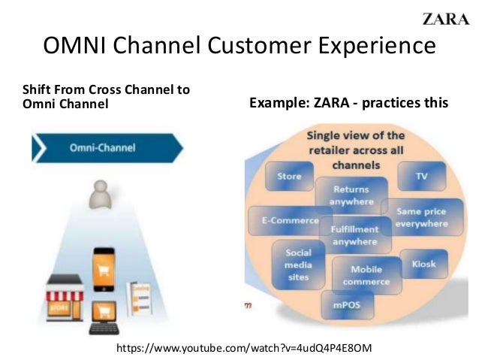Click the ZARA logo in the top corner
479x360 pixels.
(x=445, y=19)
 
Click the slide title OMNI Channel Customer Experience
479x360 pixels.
(x=239, y=47)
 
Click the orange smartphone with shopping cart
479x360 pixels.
(x=105, y=268)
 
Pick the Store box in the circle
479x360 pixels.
(x=289, y=177)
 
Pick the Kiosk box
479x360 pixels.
(x=423, y=264)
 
